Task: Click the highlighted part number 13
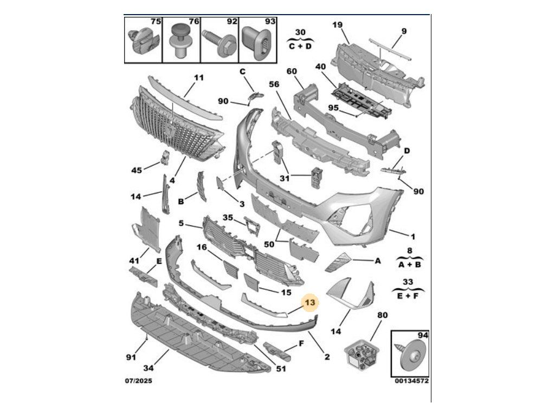(x=311, y=303)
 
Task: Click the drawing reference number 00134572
(x=412, y=381)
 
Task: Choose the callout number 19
(x=337, y=24)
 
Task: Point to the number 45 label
(x=137, y=170)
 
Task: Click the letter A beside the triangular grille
(x=378, y=261)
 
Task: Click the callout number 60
(x=292, y=71)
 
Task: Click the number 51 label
(x=280, y=369)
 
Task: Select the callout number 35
(x=227, y=218)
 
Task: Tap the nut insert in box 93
(x=258, y=41)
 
